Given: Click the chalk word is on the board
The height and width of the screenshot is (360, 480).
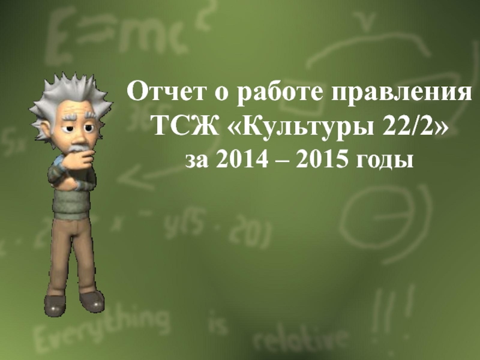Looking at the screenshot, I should coord(219,326).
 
